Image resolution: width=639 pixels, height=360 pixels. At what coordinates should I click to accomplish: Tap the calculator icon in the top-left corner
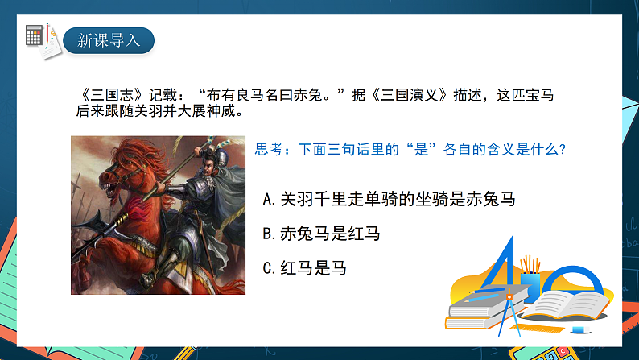[35, 35]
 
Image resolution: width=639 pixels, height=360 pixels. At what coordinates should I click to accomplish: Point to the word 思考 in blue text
[268, 149]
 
